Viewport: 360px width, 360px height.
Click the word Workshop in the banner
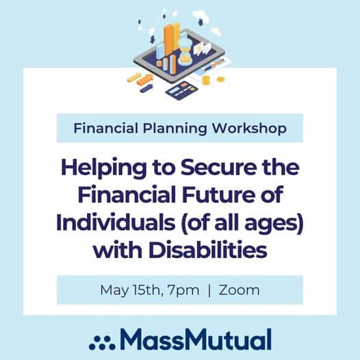point(249,128)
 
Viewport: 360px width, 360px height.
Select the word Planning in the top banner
point(175,129)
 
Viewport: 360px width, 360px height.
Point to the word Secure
point(218,168)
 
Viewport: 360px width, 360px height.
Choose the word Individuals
point(116,222)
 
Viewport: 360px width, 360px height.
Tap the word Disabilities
point(208,250)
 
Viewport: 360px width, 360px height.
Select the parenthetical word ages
point(273,224)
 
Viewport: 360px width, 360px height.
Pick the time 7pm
point(183,290)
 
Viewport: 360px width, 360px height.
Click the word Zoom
point(240,290)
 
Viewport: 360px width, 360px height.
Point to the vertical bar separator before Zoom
point(209,290)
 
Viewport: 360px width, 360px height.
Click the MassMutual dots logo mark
point(102,343)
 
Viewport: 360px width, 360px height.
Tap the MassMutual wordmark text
point(196,339)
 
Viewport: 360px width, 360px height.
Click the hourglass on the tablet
point(185,49)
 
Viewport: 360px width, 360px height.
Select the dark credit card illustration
point(181,90)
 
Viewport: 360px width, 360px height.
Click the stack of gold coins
point(206,80)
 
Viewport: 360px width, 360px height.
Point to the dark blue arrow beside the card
point(146,88)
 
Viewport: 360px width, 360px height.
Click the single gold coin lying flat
point(220,79)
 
